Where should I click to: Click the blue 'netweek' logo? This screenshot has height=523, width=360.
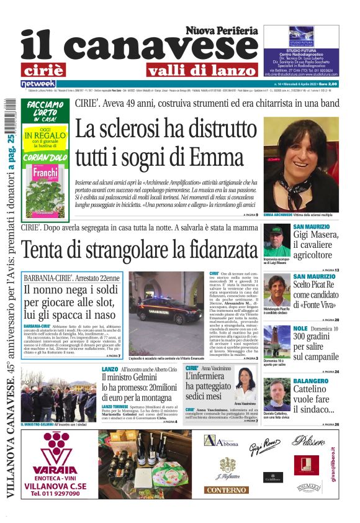coord(38,83)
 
